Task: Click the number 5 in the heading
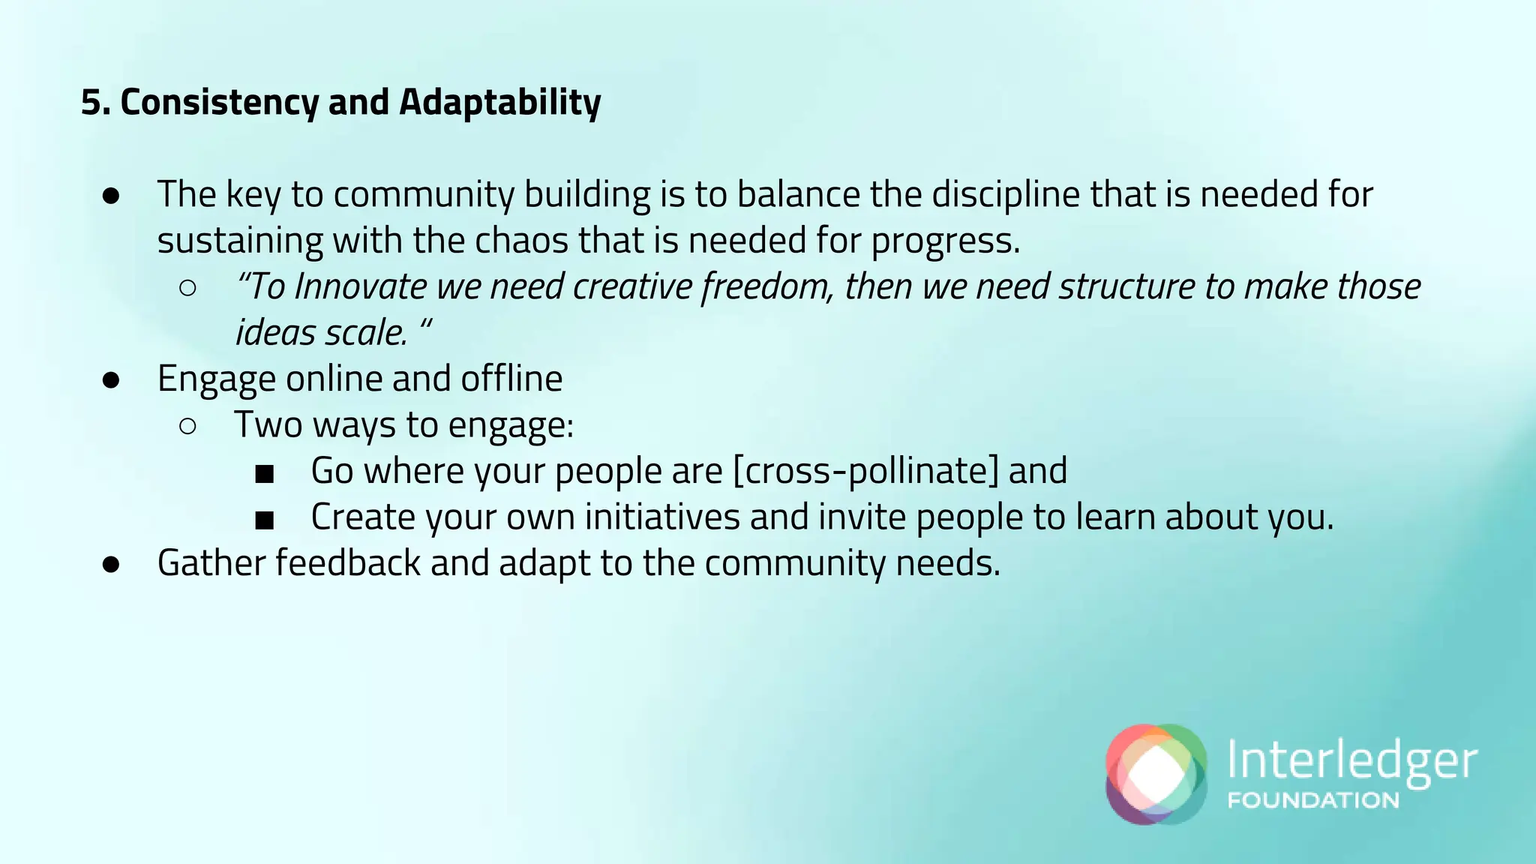[x=90, y=103]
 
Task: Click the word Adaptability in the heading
[x=499, y=103]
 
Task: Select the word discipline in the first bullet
[x=1005, y=194]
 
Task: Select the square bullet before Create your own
[x=264, y=520]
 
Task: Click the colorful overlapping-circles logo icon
[x=1156, y=774]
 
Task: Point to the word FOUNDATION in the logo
[x=1313, y=800]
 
